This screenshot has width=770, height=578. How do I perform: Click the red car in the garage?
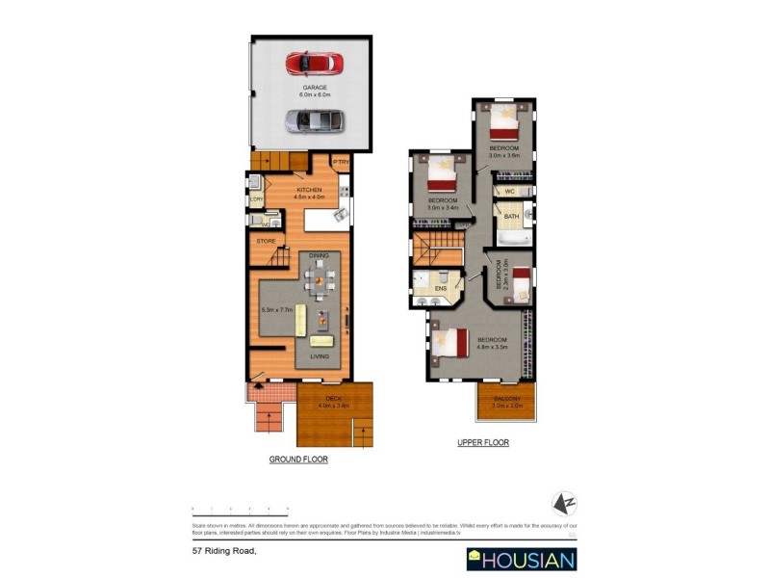click(315, 64)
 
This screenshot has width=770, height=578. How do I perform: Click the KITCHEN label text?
click(308, 191)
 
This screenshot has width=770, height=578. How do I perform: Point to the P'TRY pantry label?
click(341, 162)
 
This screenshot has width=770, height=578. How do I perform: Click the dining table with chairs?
click(320, 278)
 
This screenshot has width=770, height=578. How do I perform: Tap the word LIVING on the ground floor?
click(320, 356)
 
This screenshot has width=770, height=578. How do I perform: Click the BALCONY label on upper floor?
click(506, 399)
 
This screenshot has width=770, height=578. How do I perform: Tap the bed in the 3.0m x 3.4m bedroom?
click(442, 175)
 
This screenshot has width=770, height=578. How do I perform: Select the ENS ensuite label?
click(441, 288)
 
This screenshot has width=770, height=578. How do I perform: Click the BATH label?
click(510, 218)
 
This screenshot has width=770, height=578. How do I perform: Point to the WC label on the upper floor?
click(510, 192)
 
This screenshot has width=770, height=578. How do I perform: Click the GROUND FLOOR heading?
click(298, 460)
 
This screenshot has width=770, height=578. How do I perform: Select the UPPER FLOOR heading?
click(482, 443)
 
